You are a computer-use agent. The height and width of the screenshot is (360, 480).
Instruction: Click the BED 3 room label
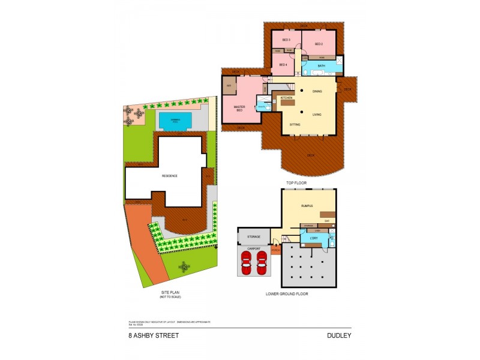(278, 40)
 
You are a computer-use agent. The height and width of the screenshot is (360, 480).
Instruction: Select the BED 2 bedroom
(319, 44)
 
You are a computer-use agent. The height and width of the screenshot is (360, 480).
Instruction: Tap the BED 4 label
(283, 64)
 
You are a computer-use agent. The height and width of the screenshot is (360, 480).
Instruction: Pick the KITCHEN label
(286, 97)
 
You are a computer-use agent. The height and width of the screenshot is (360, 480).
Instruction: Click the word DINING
(317, 91)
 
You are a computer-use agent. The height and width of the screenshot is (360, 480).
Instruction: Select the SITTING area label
(295, 124)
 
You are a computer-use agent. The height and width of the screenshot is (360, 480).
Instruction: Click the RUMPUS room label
(308, 206)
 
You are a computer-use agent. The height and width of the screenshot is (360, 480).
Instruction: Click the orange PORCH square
(275, 248)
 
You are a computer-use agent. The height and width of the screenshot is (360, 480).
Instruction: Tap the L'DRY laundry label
(313, 239)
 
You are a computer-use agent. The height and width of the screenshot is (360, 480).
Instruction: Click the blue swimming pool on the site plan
(175, 121)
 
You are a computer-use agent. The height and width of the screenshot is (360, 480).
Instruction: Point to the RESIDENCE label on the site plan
(170, 176)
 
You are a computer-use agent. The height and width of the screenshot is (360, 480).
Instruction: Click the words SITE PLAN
(170, 292)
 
